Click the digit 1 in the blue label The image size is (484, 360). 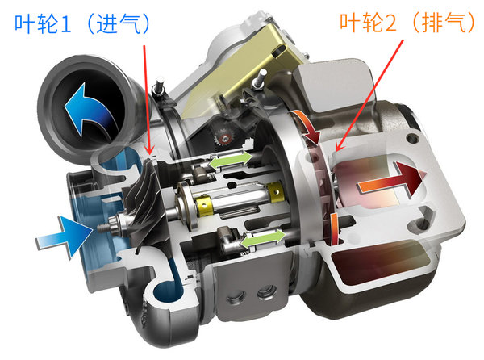tap(66, 24)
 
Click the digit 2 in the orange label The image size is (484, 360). tap(390, 23)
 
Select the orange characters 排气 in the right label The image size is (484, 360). tap(444, 23)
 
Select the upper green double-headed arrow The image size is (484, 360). tap(230, 160)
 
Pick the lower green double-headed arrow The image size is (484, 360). tap(262, 239)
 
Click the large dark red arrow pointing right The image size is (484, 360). tap(391, 181)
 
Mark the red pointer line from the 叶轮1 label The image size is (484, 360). tap(147, 99)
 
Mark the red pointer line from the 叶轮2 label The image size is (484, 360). tap(369, 95)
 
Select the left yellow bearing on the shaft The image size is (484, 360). tap(204, 205)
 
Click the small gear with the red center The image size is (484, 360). tap(225, 138)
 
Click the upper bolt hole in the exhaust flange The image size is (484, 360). tap(413, 138)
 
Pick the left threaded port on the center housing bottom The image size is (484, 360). tap(236, 298)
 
